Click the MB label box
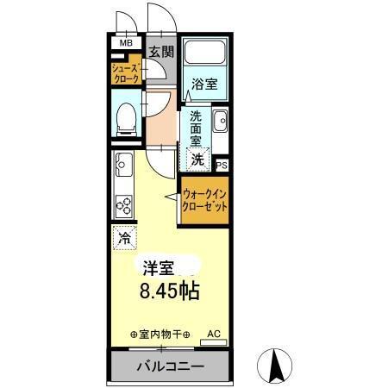tap(126, 42)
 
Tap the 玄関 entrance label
tap(160, 52)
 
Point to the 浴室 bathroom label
tap(204, 86)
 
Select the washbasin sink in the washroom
tap(219, 120)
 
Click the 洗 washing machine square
tap(198, 158)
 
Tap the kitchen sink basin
tap(122, 162)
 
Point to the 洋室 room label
tap(159, 266)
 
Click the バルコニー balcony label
tap(170, 366)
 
